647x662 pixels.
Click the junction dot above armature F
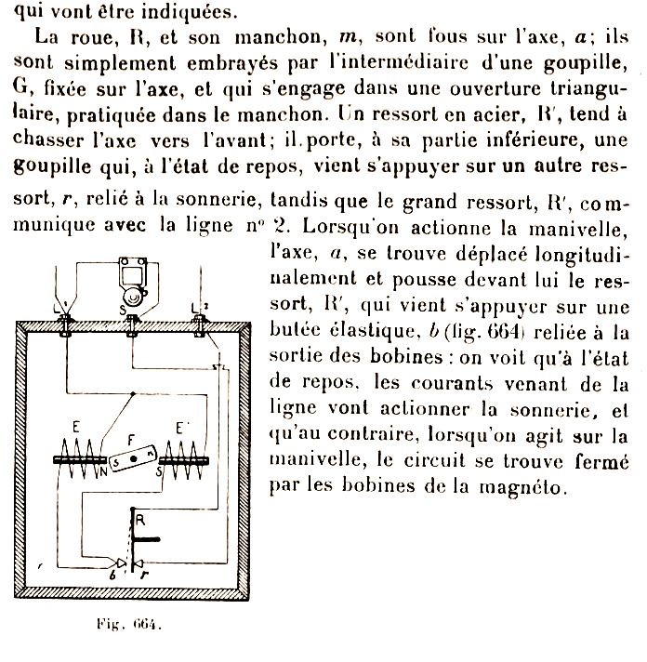click(x=136, y=395)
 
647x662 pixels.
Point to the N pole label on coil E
click(x=103, y=470)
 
